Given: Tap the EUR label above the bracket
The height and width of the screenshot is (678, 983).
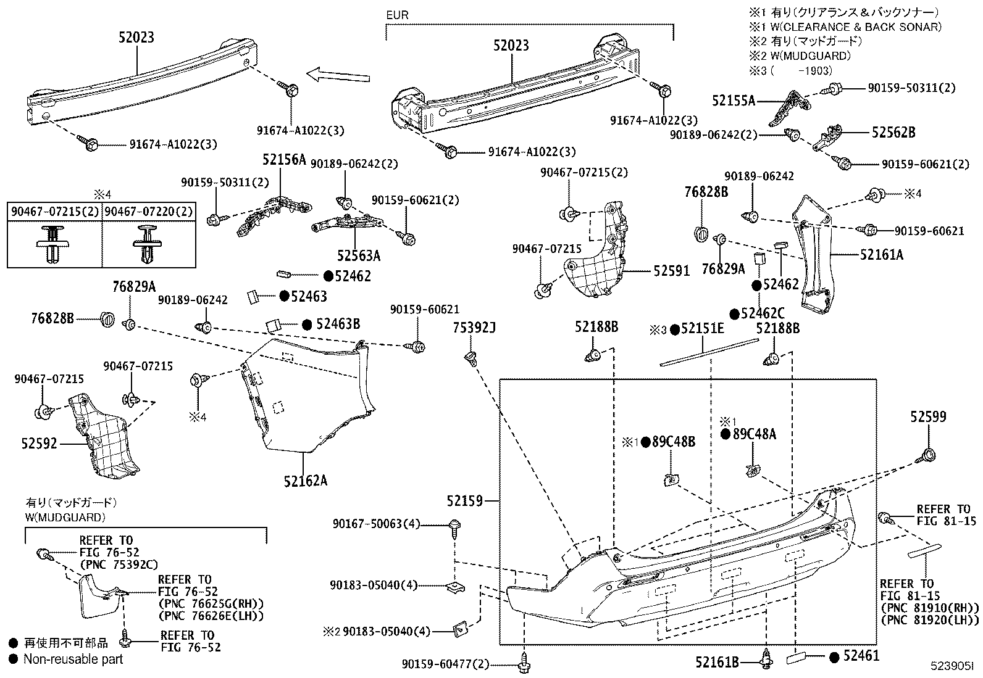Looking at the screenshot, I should click(x=397, y=15).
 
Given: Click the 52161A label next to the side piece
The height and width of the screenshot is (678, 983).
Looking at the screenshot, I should click(x=881, y=254).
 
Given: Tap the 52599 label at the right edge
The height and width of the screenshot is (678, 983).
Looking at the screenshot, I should click(x=927, y=418).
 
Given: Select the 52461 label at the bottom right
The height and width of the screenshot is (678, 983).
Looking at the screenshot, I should click(x=862, y=656).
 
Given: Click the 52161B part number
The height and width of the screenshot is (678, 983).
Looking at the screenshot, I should click(x=717, y=663).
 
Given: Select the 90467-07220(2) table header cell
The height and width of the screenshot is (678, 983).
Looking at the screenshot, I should click(x=148, y=211).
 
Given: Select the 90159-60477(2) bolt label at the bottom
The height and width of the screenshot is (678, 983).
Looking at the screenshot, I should click(x=445, y=664).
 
